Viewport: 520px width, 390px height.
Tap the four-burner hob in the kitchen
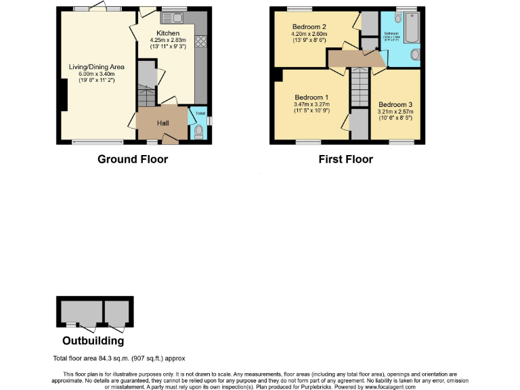coord(201,41)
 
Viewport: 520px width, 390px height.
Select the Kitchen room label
coord(168,33)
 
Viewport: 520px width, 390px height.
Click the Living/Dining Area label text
coord(96,66)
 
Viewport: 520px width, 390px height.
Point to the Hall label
coord(163,123)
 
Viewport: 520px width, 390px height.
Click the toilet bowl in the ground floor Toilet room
coord(198,131)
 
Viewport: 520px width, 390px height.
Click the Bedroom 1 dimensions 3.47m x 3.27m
coord(311,104)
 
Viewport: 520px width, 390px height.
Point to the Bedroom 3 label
coord(395,104)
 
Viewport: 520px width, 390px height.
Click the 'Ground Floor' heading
coord(133,159)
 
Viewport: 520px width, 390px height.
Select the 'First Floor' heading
coord(345,159)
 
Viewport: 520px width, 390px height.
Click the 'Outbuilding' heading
coord(93,341)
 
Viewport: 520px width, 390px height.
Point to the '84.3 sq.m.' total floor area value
coord(120,358)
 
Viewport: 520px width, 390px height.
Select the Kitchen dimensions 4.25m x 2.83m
coord(172,40)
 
